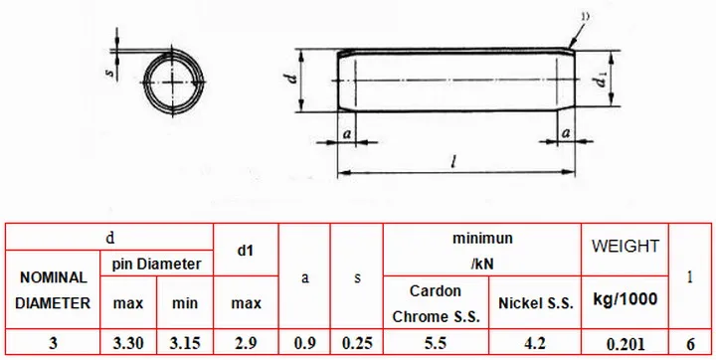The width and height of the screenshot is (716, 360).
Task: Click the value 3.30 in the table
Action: [x=128, y=343]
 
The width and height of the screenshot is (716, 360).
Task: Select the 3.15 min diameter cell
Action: [x=185, y=343]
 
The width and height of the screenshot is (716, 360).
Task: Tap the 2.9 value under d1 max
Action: [x=246, y=343]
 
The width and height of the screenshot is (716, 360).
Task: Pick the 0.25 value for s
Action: [x=357, y=343]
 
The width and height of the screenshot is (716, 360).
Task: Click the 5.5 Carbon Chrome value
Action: [x=436, y=343]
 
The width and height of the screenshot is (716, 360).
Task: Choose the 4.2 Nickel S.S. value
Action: [x=535, y=343]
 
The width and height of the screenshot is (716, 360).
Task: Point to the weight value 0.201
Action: [x=626, y=343]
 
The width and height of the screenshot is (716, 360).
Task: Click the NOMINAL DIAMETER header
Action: [x=53, y=290]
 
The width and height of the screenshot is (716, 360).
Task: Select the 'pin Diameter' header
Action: [x=157, y=264]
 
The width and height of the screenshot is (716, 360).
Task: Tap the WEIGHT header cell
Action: [x=626, y=247]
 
